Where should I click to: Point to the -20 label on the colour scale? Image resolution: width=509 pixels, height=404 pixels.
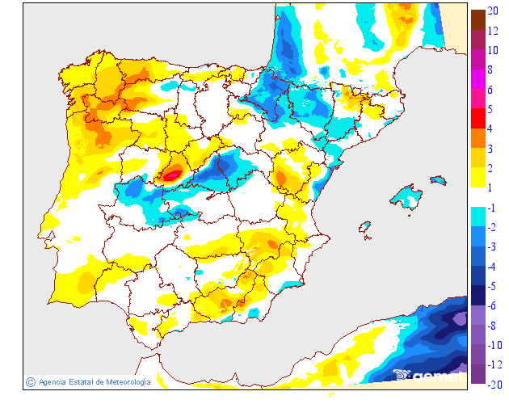494,384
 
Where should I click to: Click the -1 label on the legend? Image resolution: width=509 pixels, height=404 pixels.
492,208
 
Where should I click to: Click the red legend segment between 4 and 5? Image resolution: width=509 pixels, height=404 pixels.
478,119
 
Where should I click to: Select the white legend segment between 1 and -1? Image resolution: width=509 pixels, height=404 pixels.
478,197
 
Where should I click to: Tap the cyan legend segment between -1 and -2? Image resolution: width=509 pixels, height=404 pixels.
478,217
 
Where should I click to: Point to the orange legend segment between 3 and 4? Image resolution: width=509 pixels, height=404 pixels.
478,138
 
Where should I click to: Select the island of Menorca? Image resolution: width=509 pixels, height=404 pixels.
439,179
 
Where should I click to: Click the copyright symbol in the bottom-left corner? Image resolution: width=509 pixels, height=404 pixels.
30,381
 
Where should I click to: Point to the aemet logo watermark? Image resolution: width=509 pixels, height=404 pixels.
428,374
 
